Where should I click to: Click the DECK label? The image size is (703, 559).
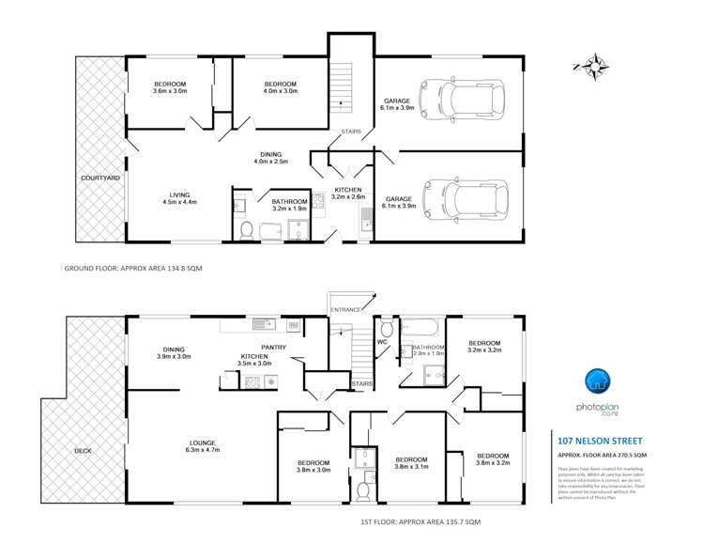coord(84,451)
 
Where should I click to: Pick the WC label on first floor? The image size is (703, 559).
coord(382,342)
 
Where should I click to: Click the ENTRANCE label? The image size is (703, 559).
coord(345,309)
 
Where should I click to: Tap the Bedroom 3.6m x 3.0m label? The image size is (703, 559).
coord(170,87)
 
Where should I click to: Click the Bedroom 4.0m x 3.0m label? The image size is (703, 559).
coord(280,87)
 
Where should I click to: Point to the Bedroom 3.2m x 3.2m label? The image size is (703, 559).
coord(484,347)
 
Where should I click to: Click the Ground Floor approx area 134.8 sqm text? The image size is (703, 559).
coord(133,269)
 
